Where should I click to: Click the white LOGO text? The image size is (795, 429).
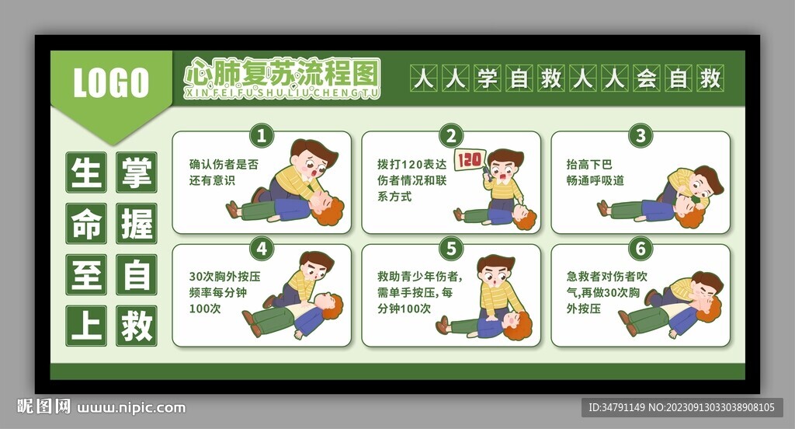(111, 82)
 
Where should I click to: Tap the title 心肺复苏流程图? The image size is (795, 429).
(282, 73)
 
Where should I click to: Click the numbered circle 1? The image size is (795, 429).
(261, 136)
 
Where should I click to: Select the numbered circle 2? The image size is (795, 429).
(450, 136)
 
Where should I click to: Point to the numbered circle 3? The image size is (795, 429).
(640, 136)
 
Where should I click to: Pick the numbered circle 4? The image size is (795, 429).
(261, 249)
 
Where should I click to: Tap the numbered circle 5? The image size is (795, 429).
(450, 249)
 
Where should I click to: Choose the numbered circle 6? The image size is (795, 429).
(640, 249)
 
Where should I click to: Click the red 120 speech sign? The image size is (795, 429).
(469, 160)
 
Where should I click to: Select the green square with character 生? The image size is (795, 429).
(85, 173)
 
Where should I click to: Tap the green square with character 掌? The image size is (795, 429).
(136, 173)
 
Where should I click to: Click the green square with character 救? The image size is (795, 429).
(136, 325)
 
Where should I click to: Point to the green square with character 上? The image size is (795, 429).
(85, 325)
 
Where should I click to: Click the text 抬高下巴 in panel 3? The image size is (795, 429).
(589, 165)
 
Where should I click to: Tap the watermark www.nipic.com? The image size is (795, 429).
(132, 407)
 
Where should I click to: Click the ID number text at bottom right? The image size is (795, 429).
(682, 407)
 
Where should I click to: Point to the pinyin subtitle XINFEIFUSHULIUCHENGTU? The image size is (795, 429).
(282, 93)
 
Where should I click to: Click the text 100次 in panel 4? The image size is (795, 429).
(205, 309)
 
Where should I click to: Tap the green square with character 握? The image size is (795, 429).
(136, 224)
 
